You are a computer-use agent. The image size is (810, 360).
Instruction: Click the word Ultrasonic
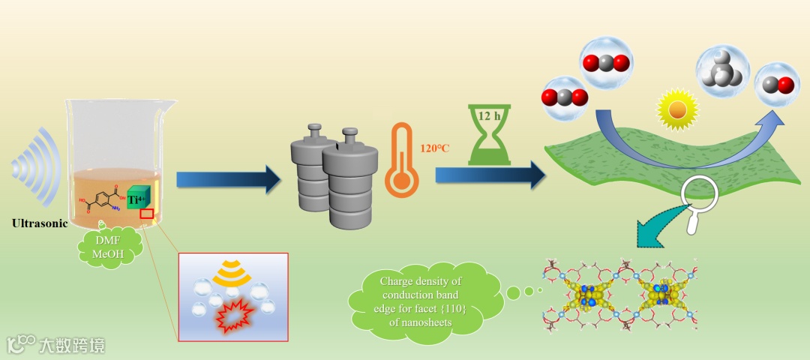(40, 223)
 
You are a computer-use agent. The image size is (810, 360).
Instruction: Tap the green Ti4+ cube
(139, 199)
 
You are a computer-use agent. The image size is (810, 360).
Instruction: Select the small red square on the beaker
(147, 214)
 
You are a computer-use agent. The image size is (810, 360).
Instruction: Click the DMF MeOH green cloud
(111, 245)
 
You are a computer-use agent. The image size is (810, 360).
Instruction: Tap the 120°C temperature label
(435, 148)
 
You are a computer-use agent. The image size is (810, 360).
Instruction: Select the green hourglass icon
(489, 134)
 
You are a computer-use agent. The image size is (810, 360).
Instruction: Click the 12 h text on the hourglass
(489, 116)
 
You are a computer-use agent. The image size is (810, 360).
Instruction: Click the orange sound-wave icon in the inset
(232, 276)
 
